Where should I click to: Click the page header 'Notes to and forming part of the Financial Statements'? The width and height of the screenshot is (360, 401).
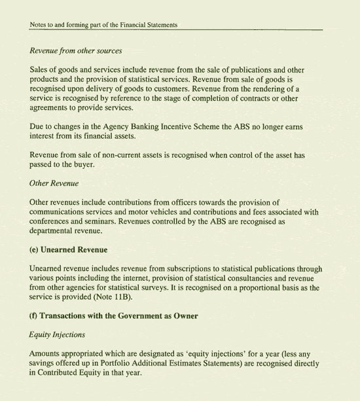(104, 26)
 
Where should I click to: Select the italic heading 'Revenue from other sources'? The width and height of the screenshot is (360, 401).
(76, 51)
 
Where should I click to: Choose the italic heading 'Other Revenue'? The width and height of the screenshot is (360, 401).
(54, 183)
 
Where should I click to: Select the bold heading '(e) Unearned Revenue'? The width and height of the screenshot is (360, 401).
(69, 250)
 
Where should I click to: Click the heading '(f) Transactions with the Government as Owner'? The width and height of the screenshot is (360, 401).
(114, 316)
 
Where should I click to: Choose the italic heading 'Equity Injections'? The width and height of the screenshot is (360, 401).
(58, 335)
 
